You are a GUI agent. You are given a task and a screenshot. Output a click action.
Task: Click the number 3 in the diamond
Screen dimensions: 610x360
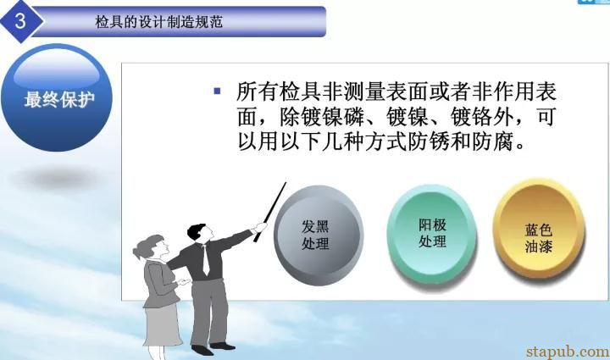pos(20,19)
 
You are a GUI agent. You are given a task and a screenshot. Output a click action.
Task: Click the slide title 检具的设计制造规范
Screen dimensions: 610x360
pos(158,22)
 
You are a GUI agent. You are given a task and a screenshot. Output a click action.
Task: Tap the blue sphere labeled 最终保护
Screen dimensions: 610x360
pos(57,97)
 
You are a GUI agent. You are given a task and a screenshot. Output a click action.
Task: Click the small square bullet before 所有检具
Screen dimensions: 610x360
pos(217,91)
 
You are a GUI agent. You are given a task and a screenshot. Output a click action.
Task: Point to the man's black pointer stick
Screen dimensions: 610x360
pos(270,212)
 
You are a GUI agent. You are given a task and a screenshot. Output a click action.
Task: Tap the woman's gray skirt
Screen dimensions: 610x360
pos(162,325)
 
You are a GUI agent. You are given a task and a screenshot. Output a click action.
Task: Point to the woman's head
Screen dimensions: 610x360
pos(152,246)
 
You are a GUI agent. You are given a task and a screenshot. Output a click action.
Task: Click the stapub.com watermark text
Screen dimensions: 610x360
pos(568,352)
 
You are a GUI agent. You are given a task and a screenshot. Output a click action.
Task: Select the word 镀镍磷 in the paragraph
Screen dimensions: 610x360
pos(333,117)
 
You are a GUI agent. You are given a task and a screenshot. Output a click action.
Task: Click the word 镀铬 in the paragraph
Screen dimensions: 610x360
pos(472,117)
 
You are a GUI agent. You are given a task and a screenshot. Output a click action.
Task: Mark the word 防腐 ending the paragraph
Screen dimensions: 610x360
pos(493,142)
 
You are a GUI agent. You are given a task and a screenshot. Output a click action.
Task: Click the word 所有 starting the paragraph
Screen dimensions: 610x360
pos(258,91)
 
